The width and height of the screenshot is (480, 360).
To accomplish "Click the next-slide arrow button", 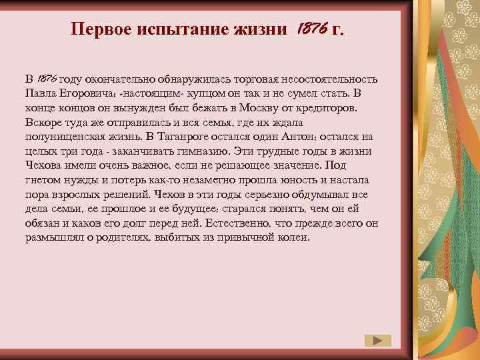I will tap(378, 340).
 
